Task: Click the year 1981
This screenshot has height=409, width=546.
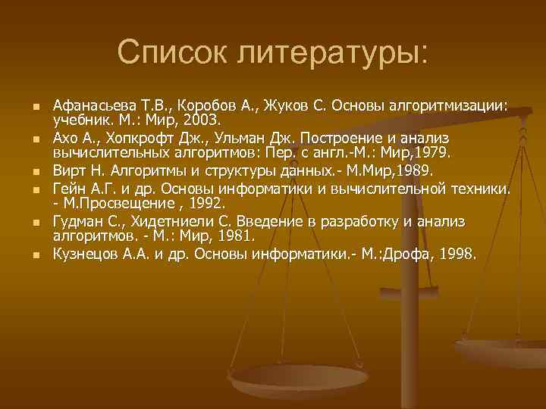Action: (x=237, y=236)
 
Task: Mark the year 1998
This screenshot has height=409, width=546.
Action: (x=457, y=254)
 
